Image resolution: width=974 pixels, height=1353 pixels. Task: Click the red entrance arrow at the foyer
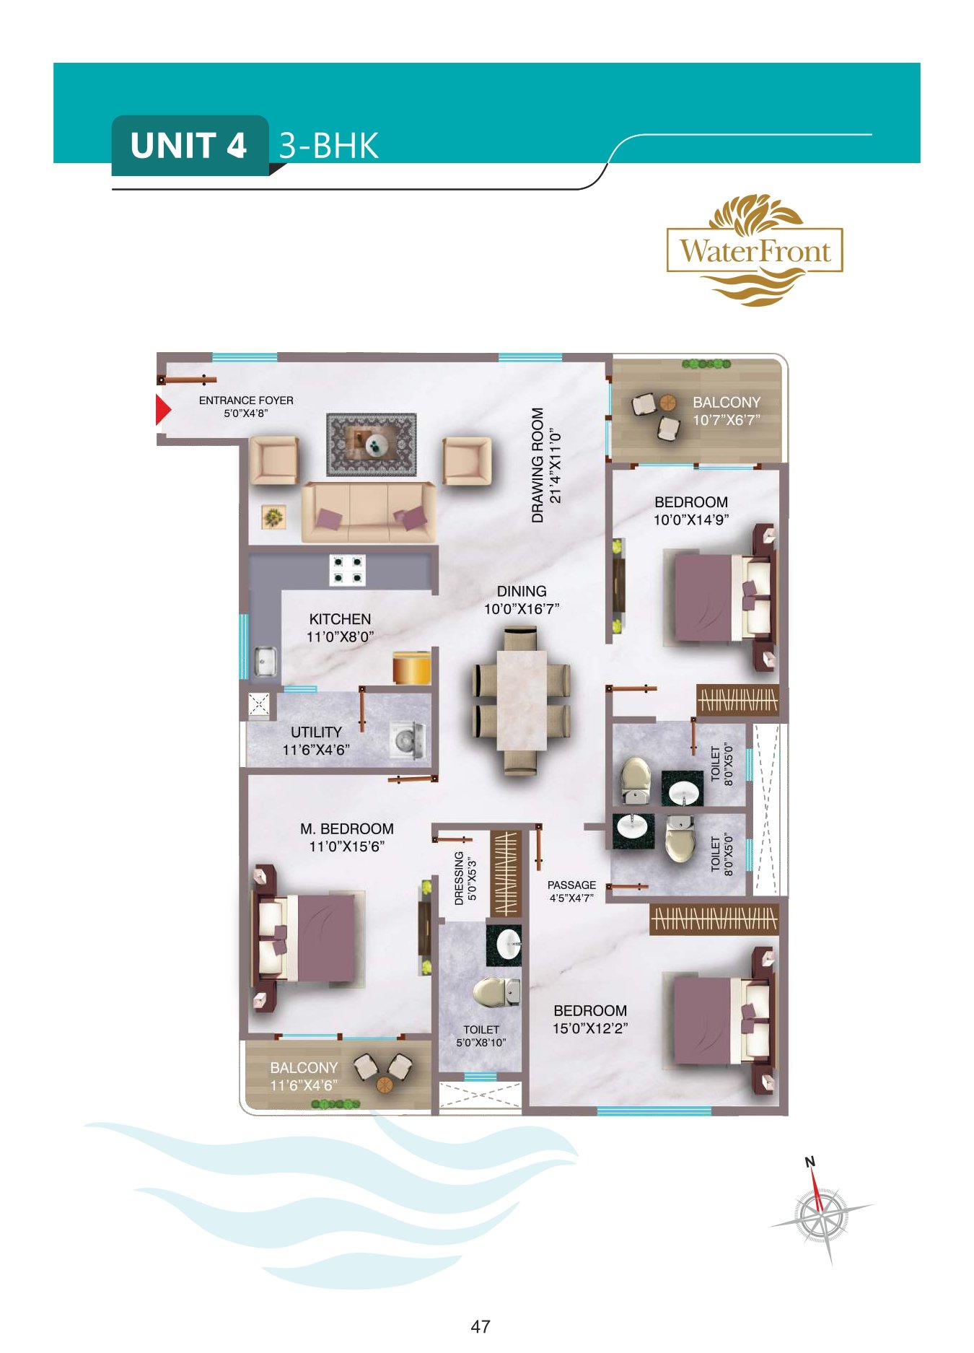[x=163, y=410]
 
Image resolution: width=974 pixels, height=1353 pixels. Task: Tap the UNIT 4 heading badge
[x=190, y=145]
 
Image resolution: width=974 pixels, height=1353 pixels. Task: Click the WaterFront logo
[x=755, y=250]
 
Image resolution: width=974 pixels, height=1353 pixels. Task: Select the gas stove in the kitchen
[x=347, y=569]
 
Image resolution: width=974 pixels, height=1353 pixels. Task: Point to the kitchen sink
[x=265, y=660]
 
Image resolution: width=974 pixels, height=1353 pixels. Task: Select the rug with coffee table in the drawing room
[x=372, y=445]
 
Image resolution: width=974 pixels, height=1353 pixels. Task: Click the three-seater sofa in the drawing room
[x=369, y=512]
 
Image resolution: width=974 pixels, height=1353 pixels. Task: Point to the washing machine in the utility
[x=408, y=740]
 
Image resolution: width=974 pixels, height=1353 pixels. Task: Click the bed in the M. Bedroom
[x=307, y=937]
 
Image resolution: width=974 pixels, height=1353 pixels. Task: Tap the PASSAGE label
[x=571, y=885]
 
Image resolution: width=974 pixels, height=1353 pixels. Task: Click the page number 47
[x=481, y=1326]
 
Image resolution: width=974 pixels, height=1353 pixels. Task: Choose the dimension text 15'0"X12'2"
[x=590, y=1028]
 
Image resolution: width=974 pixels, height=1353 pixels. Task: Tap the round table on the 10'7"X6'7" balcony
[x=668, y=402]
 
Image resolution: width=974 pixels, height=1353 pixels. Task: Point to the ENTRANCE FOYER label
[x=246, y=400]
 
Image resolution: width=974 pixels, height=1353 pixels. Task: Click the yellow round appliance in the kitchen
[x=412, y=666]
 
